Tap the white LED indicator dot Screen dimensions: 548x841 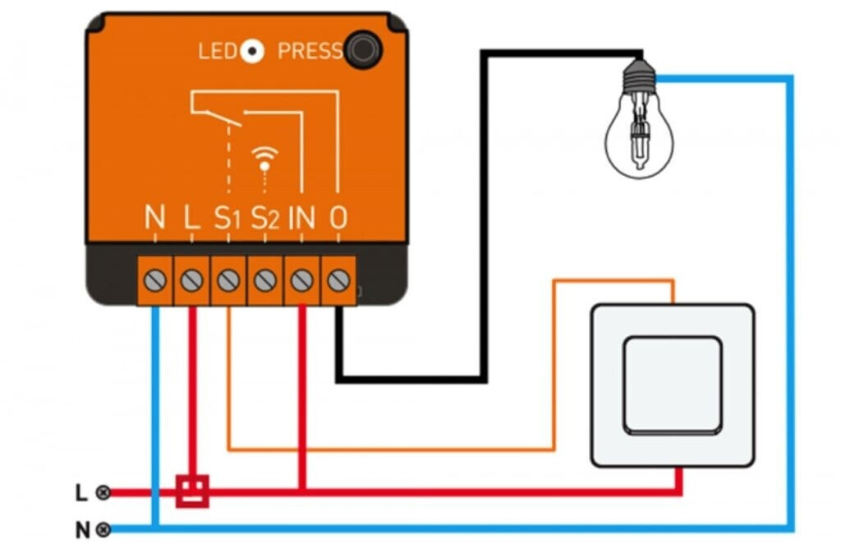[x=253, y=52]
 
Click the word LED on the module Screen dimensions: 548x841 [x=217, y=52]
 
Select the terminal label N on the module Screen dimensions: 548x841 [x=154, y=218]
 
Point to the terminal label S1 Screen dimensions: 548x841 [x=227, y=218]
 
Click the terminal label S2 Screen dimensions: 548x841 [x=264, y=218]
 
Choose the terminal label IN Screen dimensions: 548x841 [x=302, y=218]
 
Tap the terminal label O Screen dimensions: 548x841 [x=338, y=218]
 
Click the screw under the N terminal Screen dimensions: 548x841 [x=154, y=280]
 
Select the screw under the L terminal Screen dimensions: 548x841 [x=191, y=280]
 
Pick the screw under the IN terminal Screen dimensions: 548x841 [x=301, y=280]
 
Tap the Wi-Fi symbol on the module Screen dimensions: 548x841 [x=264, y=157]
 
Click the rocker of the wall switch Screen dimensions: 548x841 [x=672, y=385]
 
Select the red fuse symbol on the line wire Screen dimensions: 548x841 [x=192, y=491]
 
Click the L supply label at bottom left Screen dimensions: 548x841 [x=80, y=493]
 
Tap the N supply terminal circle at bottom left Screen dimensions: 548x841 [x=103, y=529]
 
